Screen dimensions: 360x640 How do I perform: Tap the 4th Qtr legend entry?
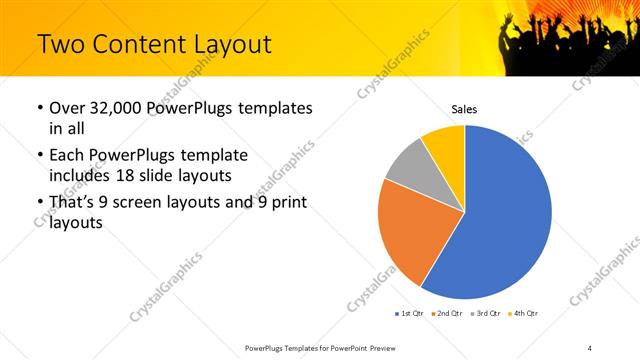click(524, 314)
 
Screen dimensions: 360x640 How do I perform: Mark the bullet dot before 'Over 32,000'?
click(38, 108)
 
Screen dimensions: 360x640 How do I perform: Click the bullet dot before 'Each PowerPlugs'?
click(38, 156)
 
